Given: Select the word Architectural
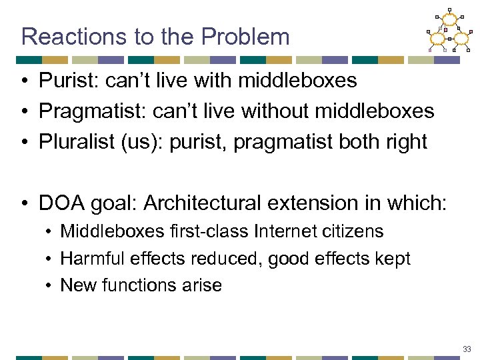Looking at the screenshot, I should (x=216, y=201).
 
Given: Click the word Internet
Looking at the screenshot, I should (x=284, y=231).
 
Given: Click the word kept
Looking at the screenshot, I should (x=394, y=259).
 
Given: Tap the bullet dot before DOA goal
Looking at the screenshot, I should (x=25, y=202).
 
